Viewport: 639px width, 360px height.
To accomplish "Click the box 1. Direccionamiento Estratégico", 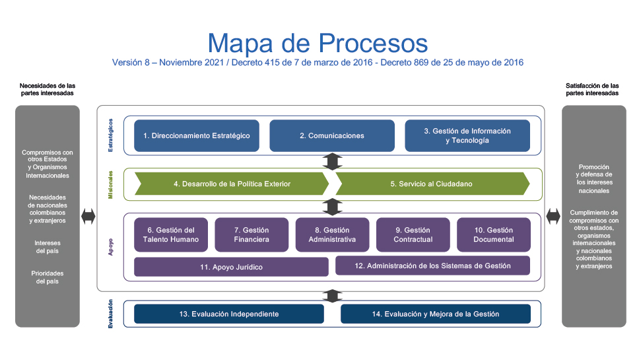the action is point(197,136).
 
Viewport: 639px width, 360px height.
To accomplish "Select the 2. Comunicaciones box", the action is point(332,136).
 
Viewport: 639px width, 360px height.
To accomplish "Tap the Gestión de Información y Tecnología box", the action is point(467,136).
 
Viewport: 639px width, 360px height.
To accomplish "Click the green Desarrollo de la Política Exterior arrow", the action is point(232,184).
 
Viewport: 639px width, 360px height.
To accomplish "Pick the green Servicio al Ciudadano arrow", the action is point(432,184).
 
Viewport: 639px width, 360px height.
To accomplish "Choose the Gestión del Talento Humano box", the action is point(171,234).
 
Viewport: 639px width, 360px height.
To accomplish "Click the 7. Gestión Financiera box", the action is point(252,234).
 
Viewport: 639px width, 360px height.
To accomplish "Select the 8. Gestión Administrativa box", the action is point(332,234).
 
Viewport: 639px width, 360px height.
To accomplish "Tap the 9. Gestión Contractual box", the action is point(413,234).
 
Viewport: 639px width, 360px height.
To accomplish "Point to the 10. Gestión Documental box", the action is point(494,234).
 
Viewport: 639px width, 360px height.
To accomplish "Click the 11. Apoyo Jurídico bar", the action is point(231,267).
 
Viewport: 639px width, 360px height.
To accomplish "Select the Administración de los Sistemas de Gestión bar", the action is point(432,266).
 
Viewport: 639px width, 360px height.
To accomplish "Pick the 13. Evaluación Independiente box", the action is point(229,314).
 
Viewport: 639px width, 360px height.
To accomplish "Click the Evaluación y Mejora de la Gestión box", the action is point(436,314).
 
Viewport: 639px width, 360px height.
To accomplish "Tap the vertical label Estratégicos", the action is point(110,135).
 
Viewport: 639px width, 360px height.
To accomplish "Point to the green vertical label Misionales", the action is point(110,185).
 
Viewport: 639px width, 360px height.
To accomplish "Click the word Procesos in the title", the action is point(373,43).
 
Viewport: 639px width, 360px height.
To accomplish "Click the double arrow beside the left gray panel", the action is point(88,216).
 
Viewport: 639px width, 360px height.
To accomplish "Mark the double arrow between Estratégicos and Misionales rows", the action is point(333,161).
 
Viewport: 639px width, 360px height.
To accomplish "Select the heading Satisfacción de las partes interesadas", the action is point(592,89).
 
